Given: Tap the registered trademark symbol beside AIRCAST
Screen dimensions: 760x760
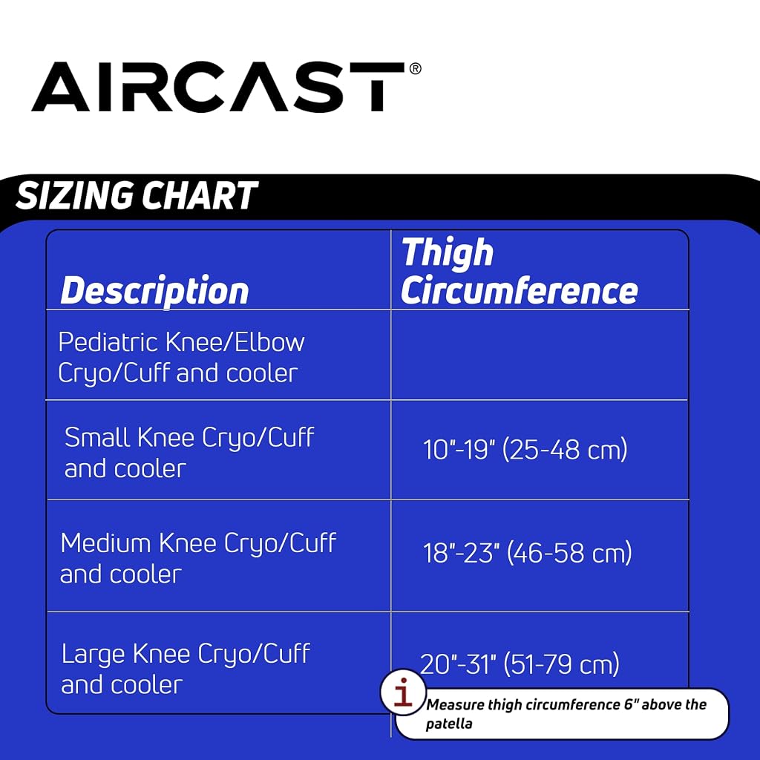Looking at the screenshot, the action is point(416,68).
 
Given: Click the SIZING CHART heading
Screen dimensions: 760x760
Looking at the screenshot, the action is point(137,195).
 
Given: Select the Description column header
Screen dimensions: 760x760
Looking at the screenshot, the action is point(154,291).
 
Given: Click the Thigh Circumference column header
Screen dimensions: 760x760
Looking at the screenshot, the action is point(519,272).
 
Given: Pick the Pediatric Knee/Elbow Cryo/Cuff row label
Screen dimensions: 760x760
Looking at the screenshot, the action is point(181,358).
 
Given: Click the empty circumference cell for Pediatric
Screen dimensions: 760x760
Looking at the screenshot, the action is point(540,355).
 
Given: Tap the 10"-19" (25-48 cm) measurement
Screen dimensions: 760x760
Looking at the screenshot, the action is point(525,449).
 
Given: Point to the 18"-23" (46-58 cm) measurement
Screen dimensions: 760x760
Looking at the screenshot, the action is point(528,552).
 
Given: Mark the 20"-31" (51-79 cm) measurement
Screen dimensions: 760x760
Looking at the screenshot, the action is point(520,664).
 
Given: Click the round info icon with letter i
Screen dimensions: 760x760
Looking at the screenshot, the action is point(403,692).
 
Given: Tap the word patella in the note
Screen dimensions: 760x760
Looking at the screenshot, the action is point(449,724).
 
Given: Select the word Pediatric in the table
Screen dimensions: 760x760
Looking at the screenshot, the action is point(108,342).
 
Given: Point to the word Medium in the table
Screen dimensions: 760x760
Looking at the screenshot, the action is point(105,543).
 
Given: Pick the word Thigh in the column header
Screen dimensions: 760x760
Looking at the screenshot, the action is point(448,252).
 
